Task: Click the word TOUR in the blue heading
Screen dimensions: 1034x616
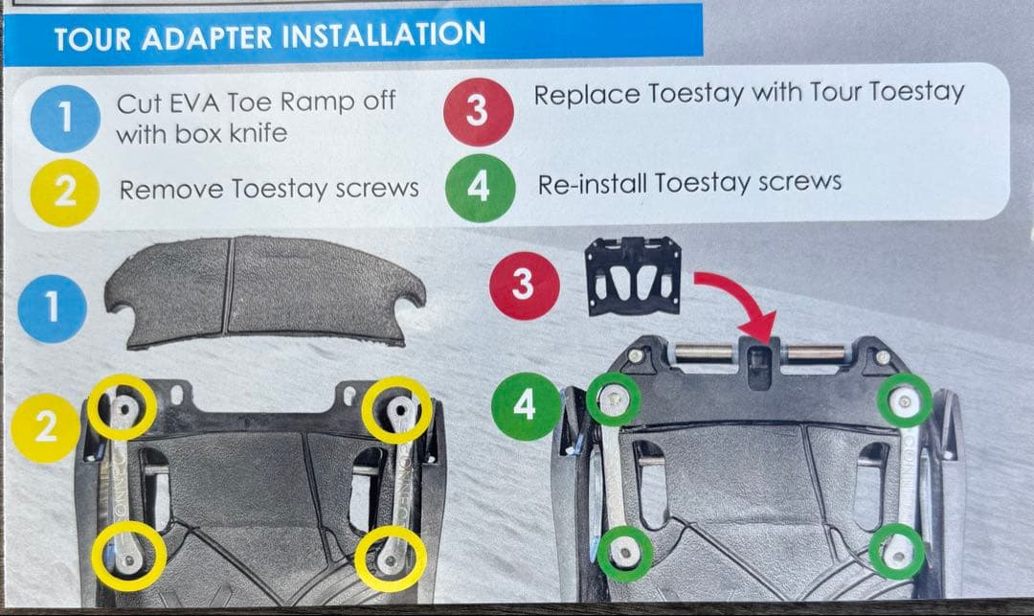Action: pyautogui.click(x=92, y=39)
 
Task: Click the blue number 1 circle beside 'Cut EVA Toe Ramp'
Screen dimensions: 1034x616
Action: pyautogui.click(x=65, y=118)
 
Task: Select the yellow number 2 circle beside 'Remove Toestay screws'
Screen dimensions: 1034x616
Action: pyautogui.click(x=65, y=193)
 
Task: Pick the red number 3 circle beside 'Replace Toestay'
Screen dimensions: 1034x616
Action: pyautogui.click(x=478, y=111)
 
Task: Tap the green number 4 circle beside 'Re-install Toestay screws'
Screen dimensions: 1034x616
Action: pyautogui.click(x=480, y=188)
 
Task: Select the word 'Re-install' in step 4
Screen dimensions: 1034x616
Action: pyautogui.click(x=593, y=184)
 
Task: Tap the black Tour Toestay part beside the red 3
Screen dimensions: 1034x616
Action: pyautogui.click(x=633, y=275)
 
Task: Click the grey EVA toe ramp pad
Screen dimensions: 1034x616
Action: pyautogui.click(x=264, y=291)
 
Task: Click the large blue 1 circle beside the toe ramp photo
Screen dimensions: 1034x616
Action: pyautogui.click(x=52, y=308)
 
